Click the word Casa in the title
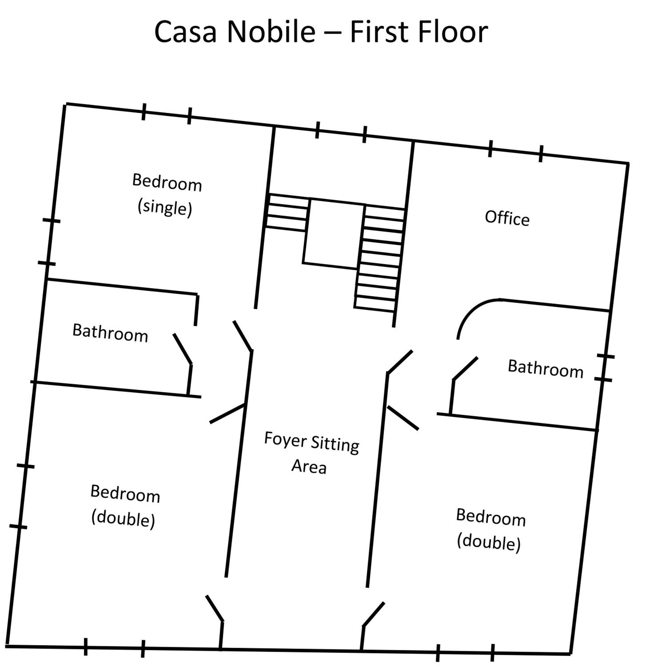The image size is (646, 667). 185,31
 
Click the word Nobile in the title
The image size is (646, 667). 271,31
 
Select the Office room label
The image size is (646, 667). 507,218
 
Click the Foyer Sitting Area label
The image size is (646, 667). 311,453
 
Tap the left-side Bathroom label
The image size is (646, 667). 110,333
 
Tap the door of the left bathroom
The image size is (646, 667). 183,348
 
